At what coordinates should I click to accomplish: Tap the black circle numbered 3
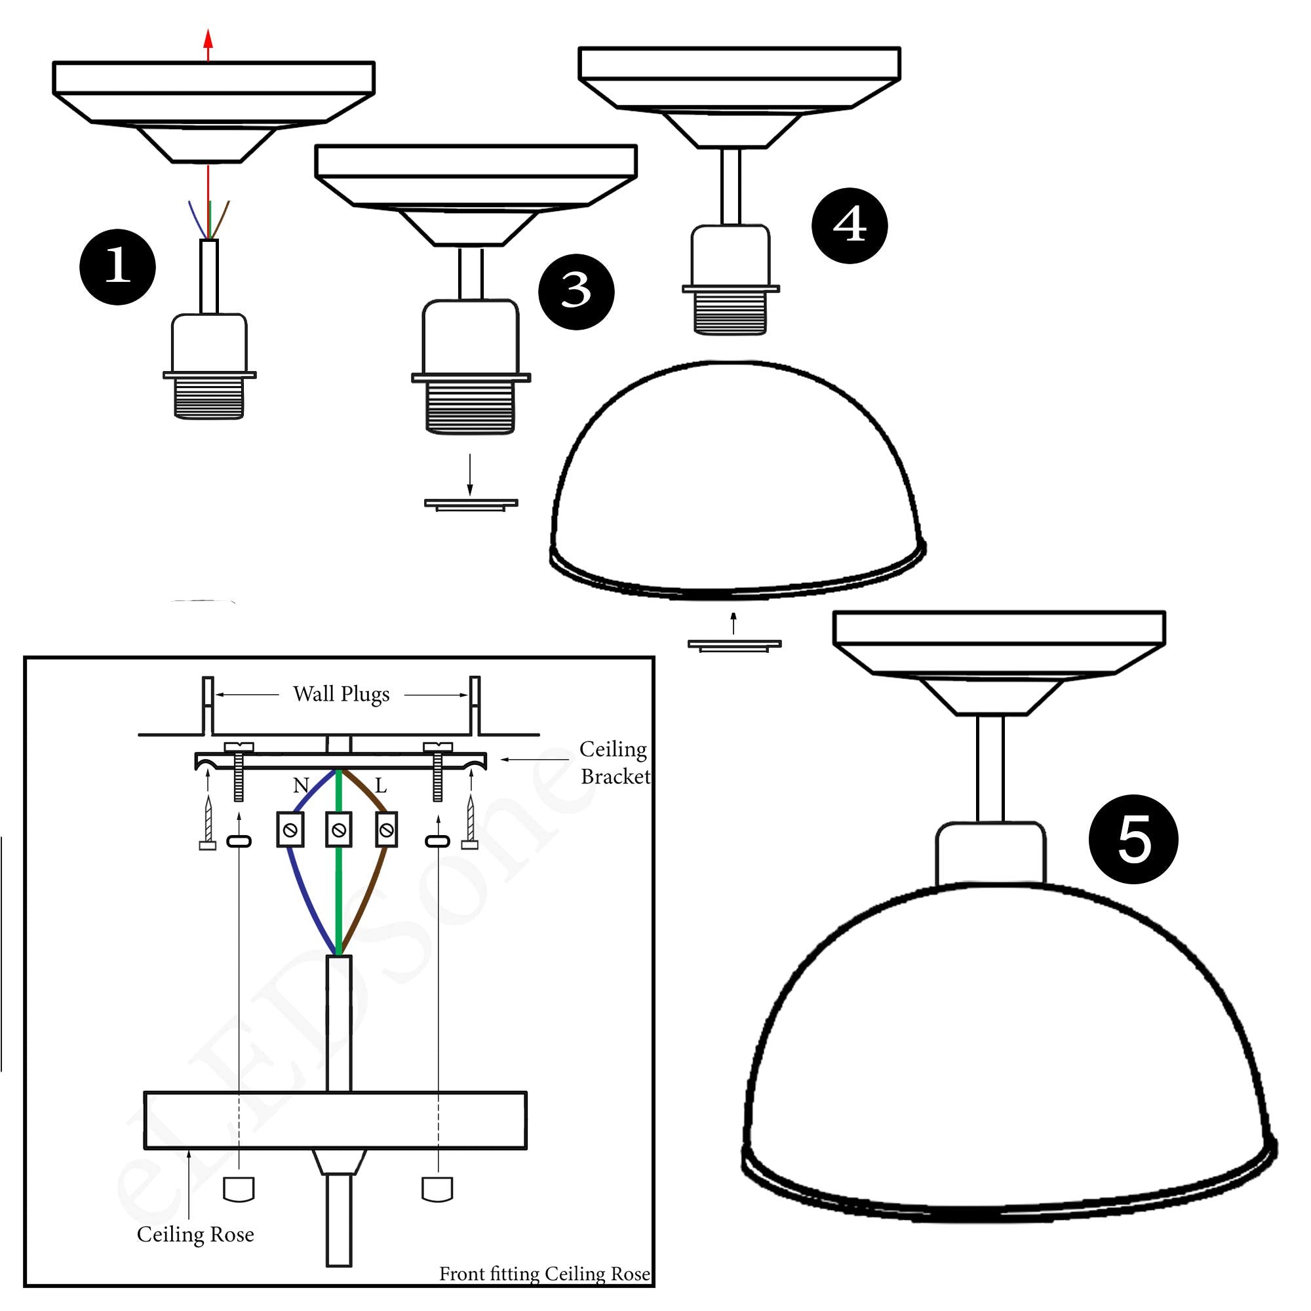coord(576,292)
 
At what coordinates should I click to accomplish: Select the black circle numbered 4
coord(849,225)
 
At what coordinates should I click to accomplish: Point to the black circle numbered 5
coord(1133,839)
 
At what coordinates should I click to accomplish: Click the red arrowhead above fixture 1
coord(208,37)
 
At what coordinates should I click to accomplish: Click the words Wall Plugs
coord(342,694)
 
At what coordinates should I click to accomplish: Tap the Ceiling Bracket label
coord(614,763)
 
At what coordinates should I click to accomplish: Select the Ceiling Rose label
coord(195,1234)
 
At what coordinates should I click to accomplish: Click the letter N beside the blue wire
coord(301,786)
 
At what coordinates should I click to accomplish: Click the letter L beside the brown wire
coord(381,786)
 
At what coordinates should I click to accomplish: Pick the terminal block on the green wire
coord(339,829)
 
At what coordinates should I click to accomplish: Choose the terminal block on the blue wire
coord(290,829)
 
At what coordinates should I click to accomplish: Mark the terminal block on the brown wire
coord(386,829)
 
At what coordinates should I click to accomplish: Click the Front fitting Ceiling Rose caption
coord(544,1274)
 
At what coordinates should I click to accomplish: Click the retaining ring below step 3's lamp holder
coord(471,503)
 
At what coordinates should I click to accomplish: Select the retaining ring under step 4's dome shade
coord(734,644)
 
